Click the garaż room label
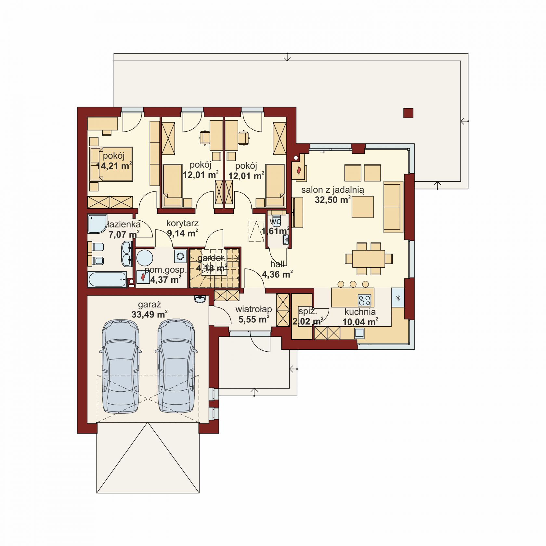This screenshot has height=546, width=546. click(149, 305)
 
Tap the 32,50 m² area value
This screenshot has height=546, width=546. click(332, 200)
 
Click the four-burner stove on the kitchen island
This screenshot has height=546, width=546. click(364, 300)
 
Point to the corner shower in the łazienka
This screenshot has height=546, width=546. click(97, 224)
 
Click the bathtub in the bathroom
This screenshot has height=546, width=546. click(107, 279)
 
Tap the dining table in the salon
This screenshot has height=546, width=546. click(369, 258)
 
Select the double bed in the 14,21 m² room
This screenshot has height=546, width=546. click(111, 164)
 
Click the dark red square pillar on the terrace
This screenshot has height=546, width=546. click(409, 113)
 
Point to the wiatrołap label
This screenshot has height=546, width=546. click(253, 309)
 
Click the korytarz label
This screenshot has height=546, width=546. click(182, 223)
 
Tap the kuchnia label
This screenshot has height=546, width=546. click(360, 312)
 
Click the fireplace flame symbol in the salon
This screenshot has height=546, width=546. click(299, 170)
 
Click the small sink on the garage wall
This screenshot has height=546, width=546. click(200, 299)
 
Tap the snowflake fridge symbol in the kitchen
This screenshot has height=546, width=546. click(398, 298)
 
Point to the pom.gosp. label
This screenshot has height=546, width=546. click(166, 270)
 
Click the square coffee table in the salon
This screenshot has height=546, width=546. click(362, 207)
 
